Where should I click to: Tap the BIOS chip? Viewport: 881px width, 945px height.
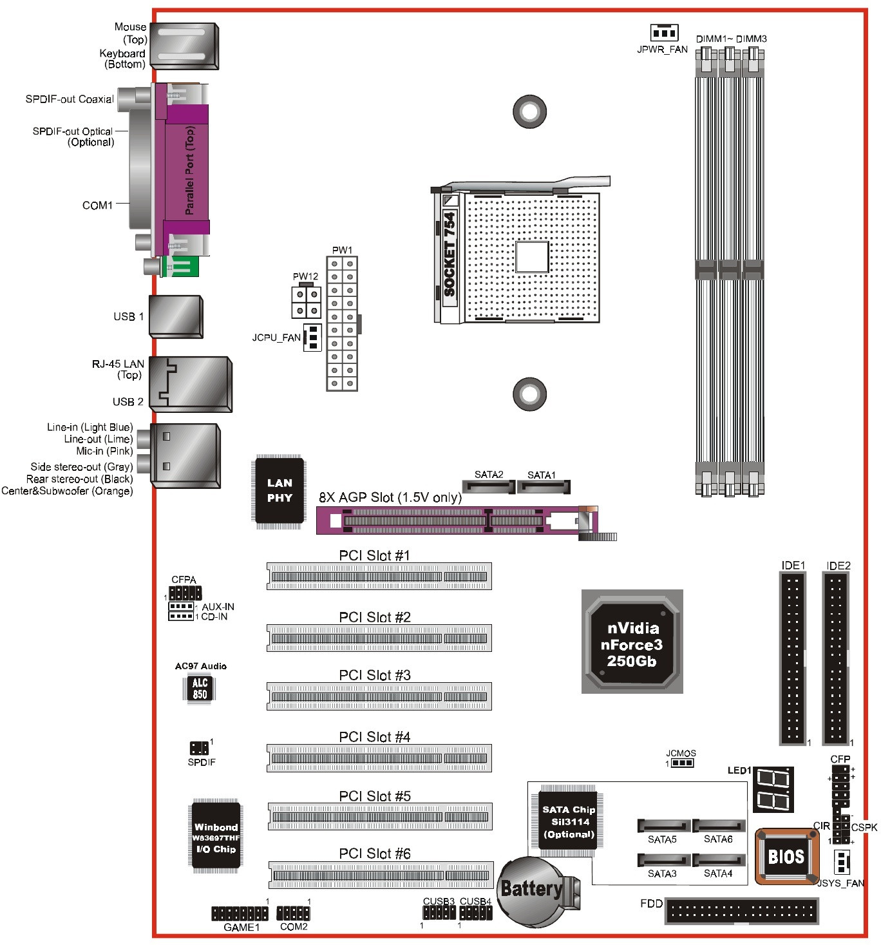(786, 856)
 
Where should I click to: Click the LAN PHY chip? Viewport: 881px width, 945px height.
(279, 491)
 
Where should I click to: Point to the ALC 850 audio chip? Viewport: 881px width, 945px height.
(200, 689)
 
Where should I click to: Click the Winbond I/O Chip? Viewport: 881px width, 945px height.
(216, 837)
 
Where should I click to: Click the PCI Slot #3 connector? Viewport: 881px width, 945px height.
(379, 696)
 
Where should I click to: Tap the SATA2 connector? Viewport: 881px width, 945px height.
(489, 486)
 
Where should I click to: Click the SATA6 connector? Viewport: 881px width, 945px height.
(719, 826)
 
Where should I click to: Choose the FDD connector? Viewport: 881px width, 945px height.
(742, 911)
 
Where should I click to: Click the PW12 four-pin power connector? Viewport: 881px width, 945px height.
(305, 301)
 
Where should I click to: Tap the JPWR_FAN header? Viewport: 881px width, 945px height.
(663, 32)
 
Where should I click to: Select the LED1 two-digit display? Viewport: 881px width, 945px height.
(773, 789)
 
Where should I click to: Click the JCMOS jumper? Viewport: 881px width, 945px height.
(681, 763)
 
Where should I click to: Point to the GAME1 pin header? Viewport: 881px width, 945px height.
(240, 913)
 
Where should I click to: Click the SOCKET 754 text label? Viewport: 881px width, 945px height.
(450, 254)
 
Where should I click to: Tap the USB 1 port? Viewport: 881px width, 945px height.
(176, 316)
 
